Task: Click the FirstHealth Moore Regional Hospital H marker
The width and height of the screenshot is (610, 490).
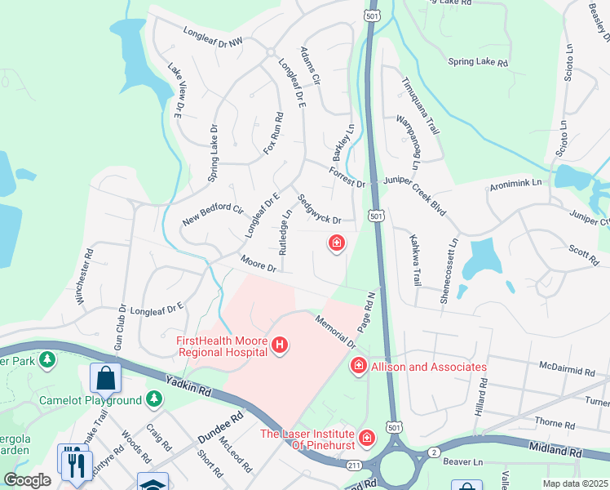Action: tap(280, 346)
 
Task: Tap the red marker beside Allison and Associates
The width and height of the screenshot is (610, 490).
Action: tap(357, 367)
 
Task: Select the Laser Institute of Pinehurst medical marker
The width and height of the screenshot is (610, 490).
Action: tap(366, 439)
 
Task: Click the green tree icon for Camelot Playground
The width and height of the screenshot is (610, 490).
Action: tap(153, 399)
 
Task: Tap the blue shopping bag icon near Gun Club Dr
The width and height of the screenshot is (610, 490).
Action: tap(106, 377)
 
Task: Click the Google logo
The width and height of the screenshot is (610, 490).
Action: tap(27, 479)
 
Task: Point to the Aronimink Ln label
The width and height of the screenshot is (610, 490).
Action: tap(515, 186)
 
